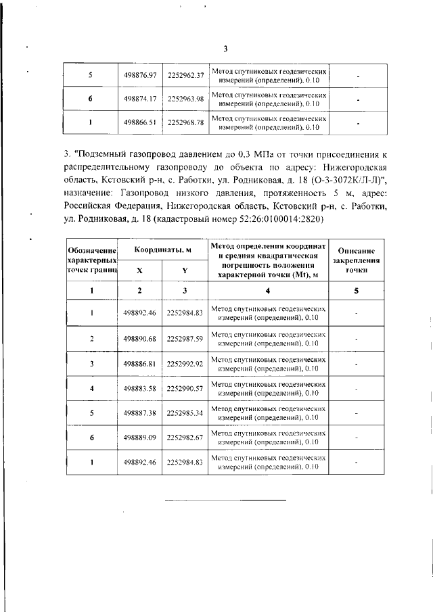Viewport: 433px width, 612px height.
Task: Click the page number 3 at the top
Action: tap(225, 48)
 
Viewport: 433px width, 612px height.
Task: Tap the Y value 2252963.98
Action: tap(185, 99)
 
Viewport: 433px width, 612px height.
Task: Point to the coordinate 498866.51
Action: tap(140, 122)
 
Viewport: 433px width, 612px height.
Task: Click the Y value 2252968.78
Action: tap(185, 122)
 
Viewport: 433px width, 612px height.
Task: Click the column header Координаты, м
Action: tap(162, 250)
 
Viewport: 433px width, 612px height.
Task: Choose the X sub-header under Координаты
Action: tap(140, 269)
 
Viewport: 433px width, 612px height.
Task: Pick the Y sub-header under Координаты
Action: tap(185, 269)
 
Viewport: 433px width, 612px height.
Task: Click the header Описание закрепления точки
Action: tap(356, 260)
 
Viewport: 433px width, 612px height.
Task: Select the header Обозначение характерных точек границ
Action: tap(91, 260)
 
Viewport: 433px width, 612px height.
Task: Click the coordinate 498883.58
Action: tap(140, 388)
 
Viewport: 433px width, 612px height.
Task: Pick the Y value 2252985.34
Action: tap(185, 413)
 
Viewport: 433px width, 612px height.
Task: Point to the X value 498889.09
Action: tap(140, 438)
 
